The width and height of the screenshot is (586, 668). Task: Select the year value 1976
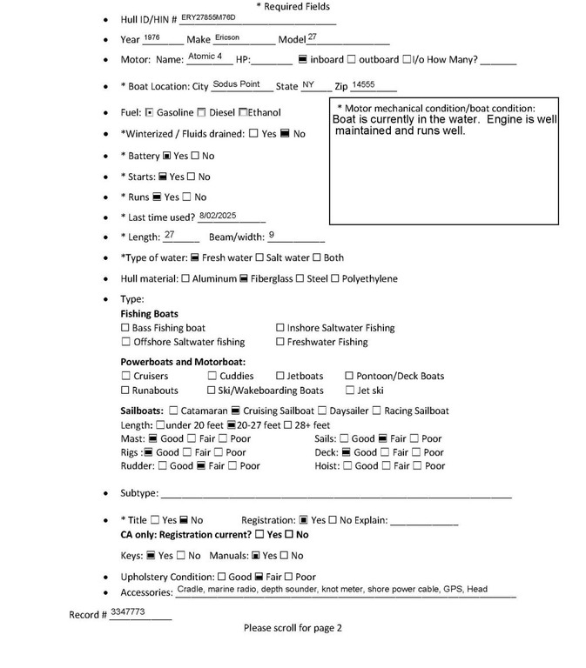(152, 38)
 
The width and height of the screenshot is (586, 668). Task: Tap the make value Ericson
(227, 38)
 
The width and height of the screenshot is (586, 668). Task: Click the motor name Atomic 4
(205, 57)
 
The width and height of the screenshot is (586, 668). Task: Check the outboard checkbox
(352, 60)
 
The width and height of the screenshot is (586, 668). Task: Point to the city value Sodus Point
(236, 84)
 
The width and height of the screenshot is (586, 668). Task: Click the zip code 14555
(363, 84)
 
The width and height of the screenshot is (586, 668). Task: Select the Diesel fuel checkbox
(202, 112)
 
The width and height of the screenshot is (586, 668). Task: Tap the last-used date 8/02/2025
(218, 214)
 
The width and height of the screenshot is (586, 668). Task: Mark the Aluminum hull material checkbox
(185, 279)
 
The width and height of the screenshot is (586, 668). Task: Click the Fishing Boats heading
(150, 313)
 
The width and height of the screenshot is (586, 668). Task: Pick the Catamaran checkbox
(174, 411)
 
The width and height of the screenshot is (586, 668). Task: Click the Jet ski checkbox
(349, 391)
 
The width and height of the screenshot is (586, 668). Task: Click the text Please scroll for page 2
(293, 627)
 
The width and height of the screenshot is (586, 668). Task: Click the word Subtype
(138, 493)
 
